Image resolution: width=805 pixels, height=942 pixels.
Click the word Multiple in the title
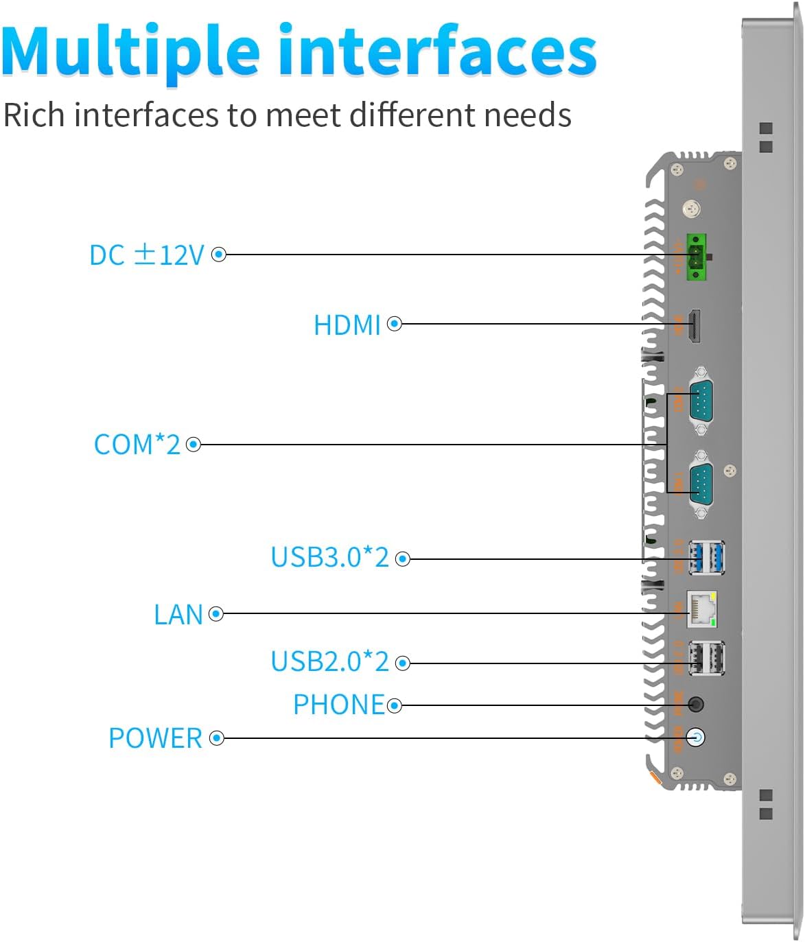[x=130, y=52]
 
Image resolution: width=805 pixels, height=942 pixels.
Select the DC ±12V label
[x=147, y=255]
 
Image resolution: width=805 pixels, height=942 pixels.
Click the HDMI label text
[x=347, y=325]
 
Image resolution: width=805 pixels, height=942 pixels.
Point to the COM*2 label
[x=137, y=445]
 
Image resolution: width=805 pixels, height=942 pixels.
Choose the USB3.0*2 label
[x=329, y=558]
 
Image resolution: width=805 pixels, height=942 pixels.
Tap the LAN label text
[x=178, y=615]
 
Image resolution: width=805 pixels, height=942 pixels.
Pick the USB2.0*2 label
[x=329, y=662]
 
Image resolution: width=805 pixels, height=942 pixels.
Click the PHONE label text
[x=338, y=705]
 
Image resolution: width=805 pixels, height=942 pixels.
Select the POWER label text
[x=155, y=739]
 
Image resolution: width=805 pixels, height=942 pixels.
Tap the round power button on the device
[x=696, y=738]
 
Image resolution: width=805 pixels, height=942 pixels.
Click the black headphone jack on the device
[x=696, y=705]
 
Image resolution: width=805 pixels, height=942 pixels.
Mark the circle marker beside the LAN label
[x=216, y=614]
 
